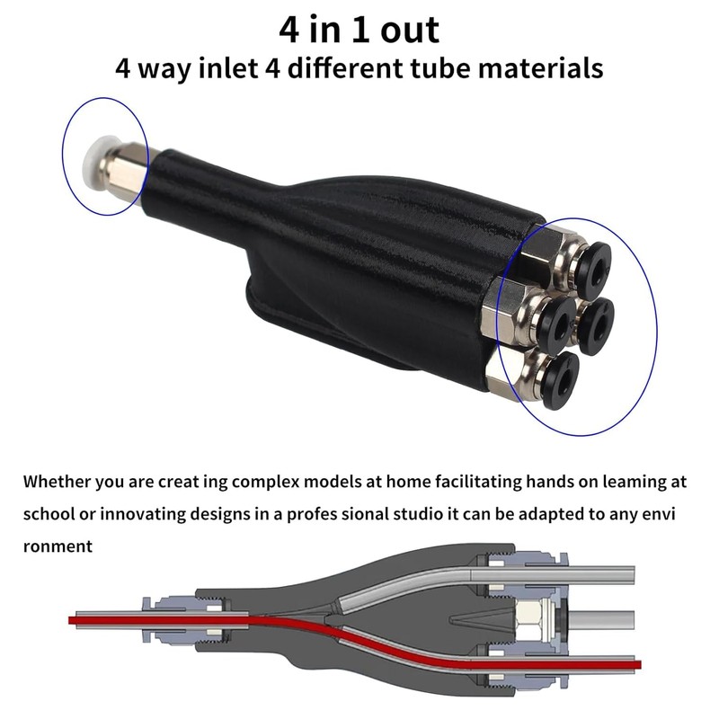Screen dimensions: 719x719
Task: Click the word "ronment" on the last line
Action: pos(58,546)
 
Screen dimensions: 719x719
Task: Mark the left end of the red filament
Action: pos(73,620)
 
